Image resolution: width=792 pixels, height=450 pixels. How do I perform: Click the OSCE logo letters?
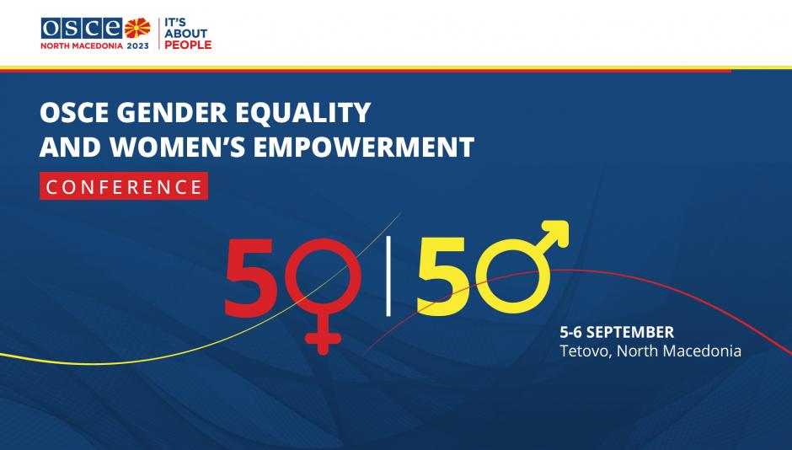[82, 29]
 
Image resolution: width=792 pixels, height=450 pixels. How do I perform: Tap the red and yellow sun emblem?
[137, 29]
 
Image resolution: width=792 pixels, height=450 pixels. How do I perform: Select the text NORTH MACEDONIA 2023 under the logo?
[95, 46]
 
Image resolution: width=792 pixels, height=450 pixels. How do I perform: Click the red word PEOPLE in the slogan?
[188, 45]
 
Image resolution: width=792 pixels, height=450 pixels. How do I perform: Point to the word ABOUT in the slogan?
[186, 34]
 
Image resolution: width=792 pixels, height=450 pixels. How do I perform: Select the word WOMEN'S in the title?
[179, 147]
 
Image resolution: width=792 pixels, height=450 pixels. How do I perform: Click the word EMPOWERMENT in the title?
[364, 147]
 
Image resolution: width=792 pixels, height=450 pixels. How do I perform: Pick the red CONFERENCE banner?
[124, 186]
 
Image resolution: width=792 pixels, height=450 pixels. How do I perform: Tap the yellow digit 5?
[443, 276]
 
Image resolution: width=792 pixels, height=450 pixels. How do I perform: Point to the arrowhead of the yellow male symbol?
[554, 235]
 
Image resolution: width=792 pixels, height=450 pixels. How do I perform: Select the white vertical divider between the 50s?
[388, 276]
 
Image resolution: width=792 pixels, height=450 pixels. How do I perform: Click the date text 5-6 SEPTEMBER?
[617, 332]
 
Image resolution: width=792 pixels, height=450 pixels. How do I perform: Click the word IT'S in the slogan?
[175, 22]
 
